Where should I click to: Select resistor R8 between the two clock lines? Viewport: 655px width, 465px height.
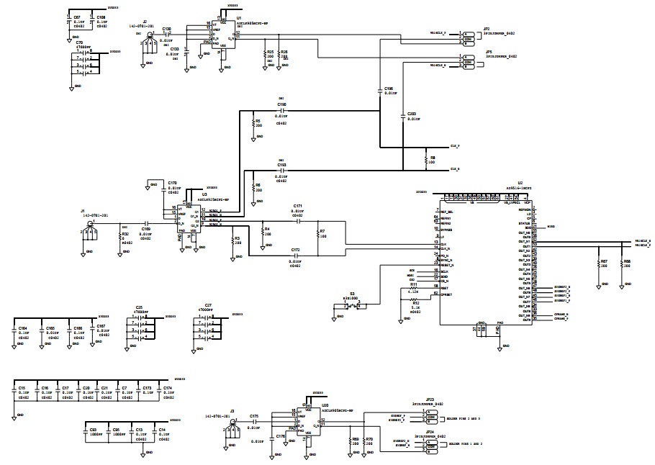pyautogui.click(x=427, y=159)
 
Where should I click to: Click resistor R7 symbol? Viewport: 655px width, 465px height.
pyautogui.click(x=317, y=235)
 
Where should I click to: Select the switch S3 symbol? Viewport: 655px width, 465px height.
pyautogui.click(x=352, y=306)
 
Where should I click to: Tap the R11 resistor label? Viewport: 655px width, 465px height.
pyautogui.click(x=413, y=285)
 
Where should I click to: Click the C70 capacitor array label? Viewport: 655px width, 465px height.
pyautogui.click(x=80, y=42)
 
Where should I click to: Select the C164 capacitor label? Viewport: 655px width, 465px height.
pyautogui.click(x=22, y=328)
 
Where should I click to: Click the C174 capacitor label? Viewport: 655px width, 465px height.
pyautogui.click(x=168, y=388)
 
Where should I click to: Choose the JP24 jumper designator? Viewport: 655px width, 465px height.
pyautogui.click(x=429, y=432)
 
